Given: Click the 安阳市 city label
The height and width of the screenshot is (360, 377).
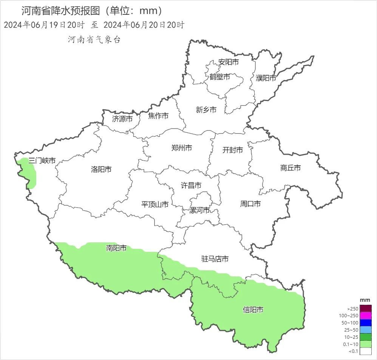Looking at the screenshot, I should (x=229, y=62).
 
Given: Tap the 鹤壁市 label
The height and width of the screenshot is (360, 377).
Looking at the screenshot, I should (x=220, y=77).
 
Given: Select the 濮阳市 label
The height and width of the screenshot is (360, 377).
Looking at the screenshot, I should (x=266, y=78).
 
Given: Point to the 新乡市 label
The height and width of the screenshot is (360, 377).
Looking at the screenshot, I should (x=206, y=110).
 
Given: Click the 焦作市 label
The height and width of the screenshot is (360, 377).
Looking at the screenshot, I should (x=158, y=116).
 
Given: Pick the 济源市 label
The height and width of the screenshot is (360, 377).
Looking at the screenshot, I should (x=122, y=119).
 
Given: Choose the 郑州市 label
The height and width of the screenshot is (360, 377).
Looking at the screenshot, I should (x=181, y=147).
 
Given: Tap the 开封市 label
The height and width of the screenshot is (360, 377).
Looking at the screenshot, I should (x=233, y=150).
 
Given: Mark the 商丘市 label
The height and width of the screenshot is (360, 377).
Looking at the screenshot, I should (x=290, y=168).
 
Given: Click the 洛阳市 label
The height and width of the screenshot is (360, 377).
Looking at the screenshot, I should (x=101, y=169).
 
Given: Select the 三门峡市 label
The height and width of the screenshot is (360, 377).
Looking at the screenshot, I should (x=42, y=160).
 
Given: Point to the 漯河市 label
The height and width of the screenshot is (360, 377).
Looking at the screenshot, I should (x=199, y=210).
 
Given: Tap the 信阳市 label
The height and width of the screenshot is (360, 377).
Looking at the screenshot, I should (x=253, y=310).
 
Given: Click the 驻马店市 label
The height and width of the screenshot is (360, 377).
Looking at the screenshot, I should (x=215, y=259).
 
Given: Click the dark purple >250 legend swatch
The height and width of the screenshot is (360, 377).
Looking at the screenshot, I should (x=365, y=309).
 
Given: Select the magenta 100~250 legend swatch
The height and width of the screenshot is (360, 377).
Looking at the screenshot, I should (x=365, y=315).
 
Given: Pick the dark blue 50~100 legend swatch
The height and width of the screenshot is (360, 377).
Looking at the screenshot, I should (x=365, y=323).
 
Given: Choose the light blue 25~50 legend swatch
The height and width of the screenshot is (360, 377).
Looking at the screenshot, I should (x=365, y=330).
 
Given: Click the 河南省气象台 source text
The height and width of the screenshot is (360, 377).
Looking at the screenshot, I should (x=94, y=40).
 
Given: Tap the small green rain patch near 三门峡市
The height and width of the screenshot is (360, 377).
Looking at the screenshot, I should (x=29, y=174).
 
